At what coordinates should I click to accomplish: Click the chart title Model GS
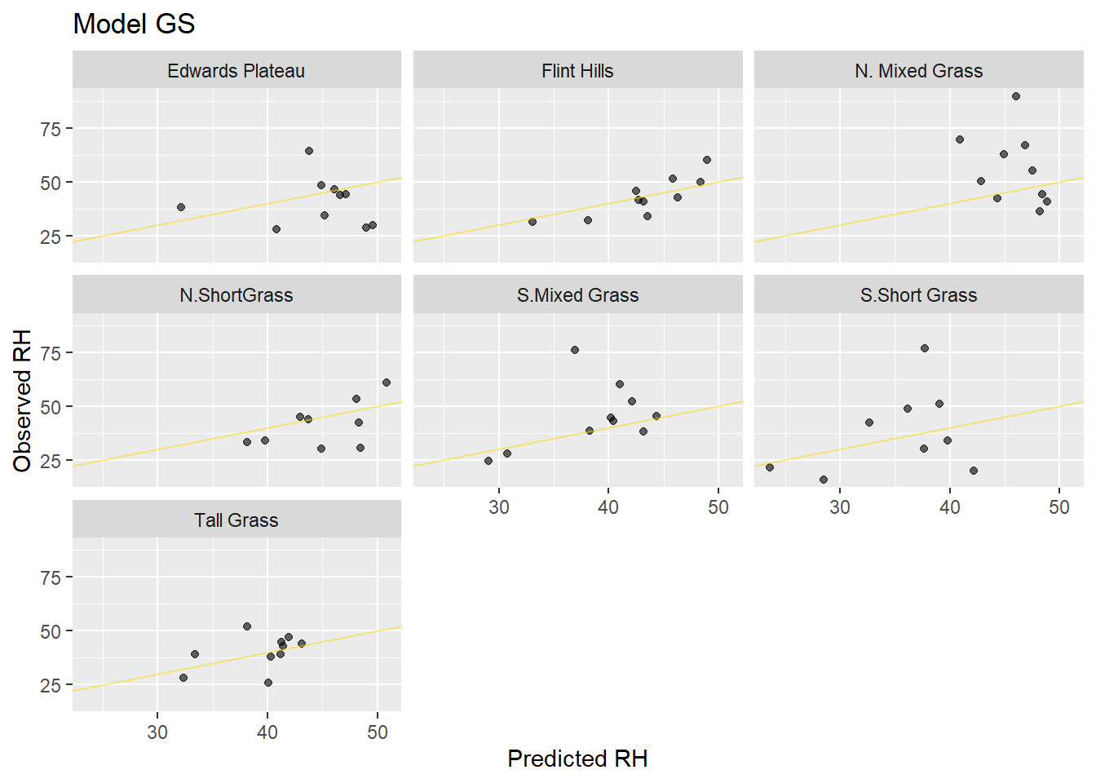134,24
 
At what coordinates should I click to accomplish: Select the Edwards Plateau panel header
236,71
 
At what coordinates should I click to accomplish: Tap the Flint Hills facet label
577,71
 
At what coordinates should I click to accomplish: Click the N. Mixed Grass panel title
918,71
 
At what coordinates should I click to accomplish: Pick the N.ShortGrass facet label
236,295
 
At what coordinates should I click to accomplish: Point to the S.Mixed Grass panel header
577,295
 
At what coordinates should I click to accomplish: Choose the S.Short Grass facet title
918,295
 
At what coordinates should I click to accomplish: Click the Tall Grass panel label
236,520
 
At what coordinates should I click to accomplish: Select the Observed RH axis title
22,400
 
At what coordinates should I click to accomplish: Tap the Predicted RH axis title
577,759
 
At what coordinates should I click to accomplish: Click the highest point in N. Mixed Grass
1016,96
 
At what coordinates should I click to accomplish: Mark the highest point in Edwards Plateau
309,151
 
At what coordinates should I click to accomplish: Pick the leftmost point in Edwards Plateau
181,207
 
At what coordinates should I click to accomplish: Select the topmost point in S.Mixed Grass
575,350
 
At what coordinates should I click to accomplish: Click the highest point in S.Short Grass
925,348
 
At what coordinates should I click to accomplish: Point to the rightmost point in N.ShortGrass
387,383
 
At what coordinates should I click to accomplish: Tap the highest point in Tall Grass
247,626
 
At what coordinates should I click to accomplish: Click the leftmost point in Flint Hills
533,222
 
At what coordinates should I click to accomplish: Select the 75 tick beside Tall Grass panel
51,578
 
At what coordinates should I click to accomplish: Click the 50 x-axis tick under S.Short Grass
1058,507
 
